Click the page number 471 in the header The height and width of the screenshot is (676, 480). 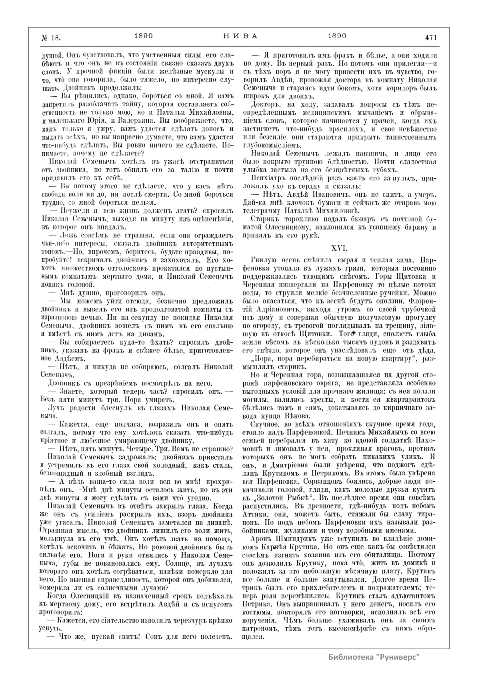tap(430, 37)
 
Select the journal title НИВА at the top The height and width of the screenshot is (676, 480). tap(240, 36)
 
